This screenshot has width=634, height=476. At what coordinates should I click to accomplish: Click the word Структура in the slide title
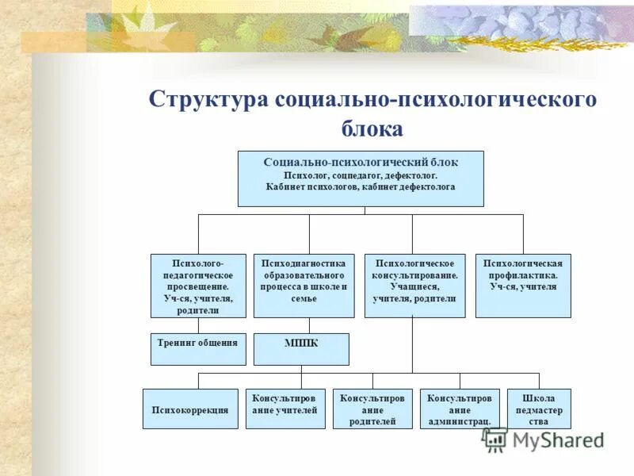click(x=208, y=101)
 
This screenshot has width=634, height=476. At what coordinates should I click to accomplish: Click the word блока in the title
click(x=372, y=129)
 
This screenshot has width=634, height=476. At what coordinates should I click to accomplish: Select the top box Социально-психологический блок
click(x=361, y=178)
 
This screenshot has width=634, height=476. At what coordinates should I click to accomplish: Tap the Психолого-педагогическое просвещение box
click(x=197, y=286)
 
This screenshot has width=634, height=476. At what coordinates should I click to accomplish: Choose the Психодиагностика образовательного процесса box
click(x=304, y=286)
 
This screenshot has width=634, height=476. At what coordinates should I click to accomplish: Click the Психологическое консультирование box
click(x=414, y=286)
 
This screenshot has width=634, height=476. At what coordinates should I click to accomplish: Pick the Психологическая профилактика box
click(x=522, y=286)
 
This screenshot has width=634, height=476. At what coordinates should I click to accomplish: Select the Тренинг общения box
click(x=197, y=349)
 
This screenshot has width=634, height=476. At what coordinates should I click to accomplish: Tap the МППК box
click(x=300, y=349)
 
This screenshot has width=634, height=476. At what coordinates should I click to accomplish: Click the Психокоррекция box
click(x=189, y=409)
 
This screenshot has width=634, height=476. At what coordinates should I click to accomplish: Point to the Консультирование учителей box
click(x=285, y=409)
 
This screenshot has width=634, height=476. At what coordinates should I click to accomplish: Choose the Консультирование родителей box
click(x=372, y=409)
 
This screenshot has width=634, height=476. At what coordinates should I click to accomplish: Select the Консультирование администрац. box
click(x=459, y=409)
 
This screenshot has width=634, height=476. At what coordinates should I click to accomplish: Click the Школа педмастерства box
click(x=538, y=409)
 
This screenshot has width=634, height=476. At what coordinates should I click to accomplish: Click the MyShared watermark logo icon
click(x=496, y=440)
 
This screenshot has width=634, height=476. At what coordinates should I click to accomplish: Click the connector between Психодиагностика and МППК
click(x=309, y=325)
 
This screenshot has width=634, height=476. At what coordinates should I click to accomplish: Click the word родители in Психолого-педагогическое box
click(x=197, y=311)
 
